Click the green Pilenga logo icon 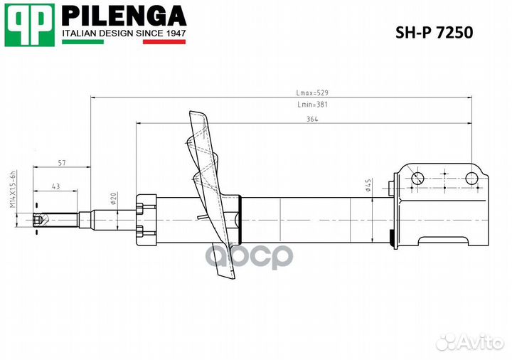[x=29, y=25]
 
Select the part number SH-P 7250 [x=433, y=33]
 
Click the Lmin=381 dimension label [x=312, y=105]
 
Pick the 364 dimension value [x=312, y=120]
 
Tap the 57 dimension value [x=62, y=164]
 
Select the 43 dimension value [x=56, y=186]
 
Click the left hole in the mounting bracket [x=417, y=178]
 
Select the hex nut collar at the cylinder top [x=147, y=220]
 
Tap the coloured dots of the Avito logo [x=446, y=342]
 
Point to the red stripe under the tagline [x=164, y=42]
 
